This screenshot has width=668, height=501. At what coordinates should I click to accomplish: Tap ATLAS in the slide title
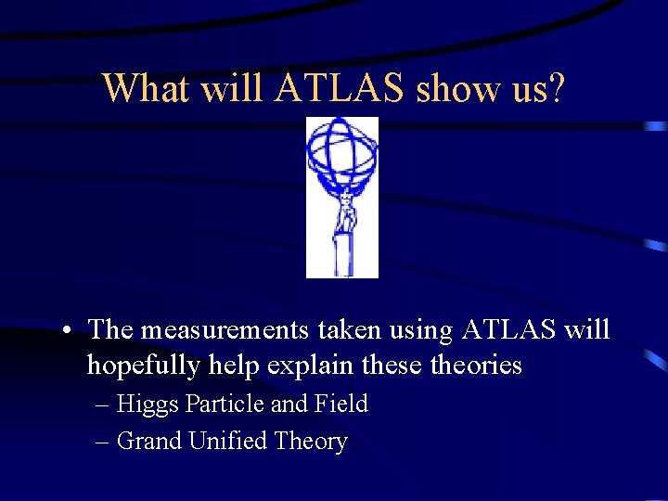pyautogui.click(x=340, y=88)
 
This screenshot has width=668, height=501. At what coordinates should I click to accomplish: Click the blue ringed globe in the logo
pyautogui.click(x=342, y=152)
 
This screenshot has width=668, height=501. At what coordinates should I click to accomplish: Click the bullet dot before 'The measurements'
pyautogui.click(x=69, y=331)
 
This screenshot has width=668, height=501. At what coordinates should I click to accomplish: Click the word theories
pyautogui.click(x=476, y=366)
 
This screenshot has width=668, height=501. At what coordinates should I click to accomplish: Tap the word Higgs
pyautogui.click(x=148, y=405)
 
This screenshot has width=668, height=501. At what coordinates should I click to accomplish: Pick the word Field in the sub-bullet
pyautogui.click(x=341, y=405)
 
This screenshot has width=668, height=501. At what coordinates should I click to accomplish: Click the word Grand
pyautogui.click(x=149, y=442)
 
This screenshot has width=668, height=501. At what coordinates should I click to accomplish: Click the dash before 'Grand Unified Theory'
pyautogui.click(x=102, y=443)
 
